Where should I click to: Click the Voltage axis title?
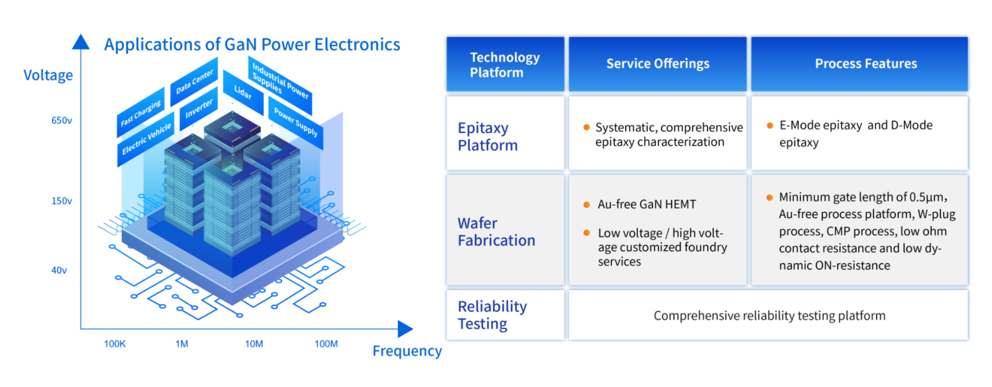[48, 76]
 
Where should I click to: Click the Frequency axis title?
[407, 352]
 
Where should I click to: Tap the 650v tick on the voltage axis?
[61, 121]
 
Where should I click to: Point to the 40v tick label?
[59, 271]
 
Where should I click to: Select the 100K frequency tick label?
[115, 344]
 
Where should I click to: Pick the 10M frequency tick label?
[254, 344]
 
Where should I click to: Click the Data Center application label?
[194, 81]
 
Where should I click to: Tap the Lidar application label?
[242, 92]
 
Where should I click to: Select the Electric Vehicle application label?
[146, 139]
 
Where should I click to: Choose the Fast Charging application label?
[141, 113]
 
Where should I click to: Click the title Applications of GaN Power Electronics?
[252, 45]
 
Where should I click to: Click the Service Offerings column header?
[658, 64]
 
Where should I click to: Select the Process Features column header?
[866, 64]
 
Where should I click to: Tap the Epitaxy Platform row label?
[487, 136]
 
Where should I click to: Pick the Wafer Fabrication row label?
[496, 232]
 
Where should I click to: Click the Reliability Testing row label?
[492, 315]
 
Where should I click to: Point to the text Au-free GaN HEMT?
[647, 204]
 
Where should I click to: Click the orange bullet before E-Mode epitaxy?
[770, 126]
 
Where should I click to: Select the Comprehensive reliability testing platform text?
[769, 316]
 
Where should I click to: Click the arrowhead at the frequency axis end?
[405, 329]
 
